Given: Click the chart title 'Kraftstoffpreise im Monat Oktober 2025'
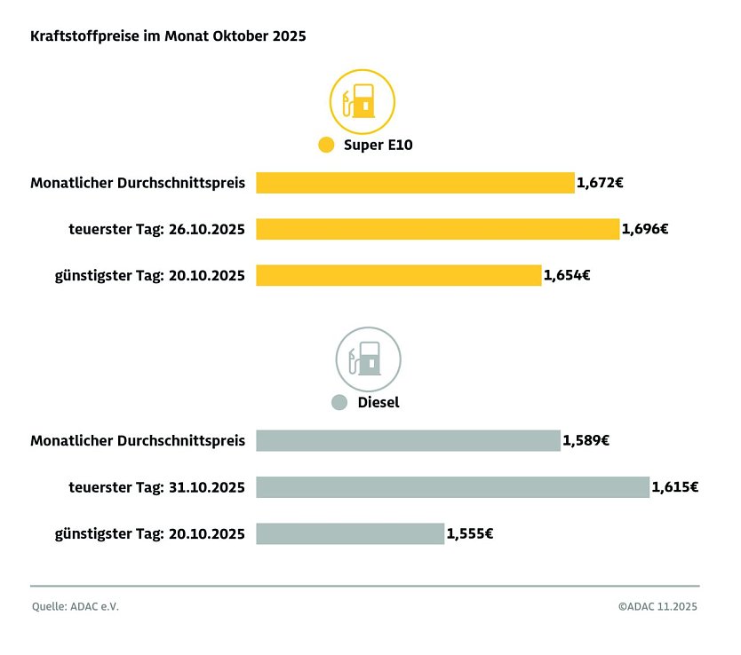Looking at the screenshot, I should [168, 36].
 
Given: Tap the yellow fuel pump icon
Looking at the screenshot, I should [363, 101].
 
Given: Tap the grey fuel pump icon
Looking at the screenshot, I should [368, 359].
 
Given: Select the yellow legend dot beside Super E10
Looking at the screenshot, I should [326, 146].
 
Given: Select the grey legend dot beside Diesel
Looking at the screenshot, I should [339, 402].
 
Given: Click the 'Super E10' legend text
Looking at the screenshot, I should [378, 146].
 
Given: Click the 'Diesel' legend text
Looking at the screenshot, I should [378, 402].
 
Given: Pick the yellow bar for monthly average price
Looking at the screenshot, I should [415, 183].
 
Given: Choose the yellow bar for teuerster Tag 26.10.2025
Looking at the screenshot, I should [437, 229].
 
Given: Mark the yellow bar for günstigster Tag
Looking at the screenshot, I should [398, 275].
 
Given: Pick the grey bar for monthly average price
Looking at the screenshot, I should [408, 440].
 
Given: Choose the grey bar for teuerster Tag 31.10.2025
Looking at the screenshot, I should [452, 486].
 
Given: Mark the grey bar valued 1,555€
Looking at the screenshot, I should [350, 533].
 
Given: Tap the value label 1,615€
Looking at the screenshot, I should [674, 486].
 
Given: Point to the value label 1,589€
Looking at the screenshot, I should [586, 440].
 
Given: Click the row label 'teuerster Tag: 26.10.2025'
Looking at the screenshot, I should [156, 229].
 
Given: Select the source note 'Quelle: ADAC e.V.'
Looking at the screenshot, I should [75, 607].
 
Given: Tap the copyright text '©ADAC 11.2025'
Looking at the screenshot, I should [657, 607].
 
